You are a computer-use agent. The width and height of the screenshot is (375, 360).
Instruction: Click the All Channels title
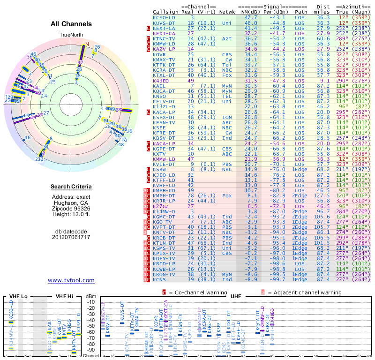pos(71,24)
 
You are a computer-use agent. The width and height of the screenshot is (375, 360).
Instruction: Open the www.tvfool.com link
pos(71,280)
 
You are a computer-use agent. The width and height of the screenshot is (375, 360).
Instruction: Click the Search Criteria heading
pos(71,187)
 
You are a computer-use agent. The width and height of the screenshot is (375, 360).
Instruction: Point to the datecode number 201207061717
pos(71,237)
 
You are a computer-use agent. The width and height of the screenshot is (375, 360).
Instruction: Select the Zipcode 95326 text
pos(71,208)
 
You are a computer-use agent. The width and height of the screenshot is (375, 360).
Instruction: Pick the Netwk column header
pos(227,12)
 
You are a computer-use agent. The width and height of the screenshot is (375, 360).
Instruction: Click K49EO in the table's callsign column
pos(161,81)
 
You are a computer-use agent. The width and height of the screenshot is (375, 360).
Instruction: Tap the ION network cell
pos(227,117)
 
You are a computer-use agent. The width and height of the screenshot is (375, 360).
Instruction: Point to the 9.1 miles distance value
pos(325,81)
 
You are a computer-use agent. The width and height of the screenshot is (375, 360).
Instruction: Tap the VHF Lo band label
pos(18,296)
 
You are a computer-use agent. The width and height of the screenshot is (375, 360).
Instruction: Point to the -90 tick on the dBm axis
pos(91,350)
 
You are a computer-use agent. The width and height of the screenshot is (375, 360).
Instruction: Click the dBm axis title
pos(91,296)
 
